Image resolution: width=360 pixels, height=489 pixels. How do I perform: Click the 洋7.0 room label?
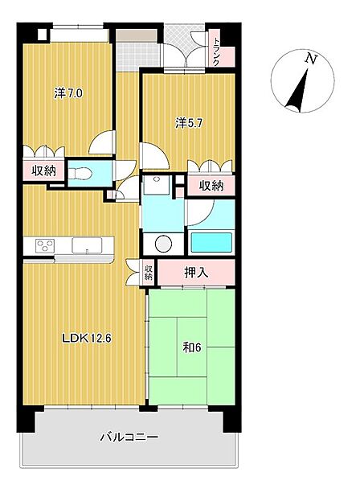click(68, 93)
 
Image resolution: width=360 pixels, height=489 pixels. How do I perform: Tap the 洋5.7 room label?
click(189, 123)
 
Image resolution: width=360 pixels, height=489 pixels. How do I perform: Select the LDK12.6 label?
click(86, 338)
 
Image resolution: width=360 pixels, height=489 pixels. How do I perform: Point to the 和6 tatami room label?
click(192, 347)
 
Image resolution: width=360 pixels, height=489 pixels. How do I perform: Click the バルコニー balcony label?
click(129, 437)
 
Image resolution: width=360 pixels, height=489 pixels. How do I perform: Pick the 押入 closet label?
click(196, 273)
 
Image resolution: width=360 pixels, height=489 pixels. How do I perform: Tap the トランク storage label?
click(215, 51)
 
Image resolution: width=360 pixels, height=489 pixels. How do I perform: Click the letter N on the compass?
click(311, 59)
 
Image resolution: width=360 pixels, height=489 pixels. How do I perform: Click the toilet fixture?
click(80, 174)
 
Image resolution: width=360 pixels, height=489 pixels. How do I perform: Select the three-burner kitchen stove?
click(44, 245)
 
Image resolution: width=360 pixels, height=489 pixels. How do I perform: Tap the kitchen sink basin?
click(87, 245)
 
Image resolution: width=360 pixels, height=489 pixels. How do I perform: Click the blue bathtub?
click(211, 242)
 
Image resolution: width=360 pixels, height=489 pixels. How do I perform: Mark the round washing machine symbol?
click(163, 243)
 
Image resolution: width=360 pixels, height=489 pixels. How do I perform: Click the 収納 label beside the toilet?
click(43, 171)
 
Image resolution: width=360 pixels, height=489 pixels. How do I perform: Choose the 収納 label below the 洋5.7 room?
click(211, 186)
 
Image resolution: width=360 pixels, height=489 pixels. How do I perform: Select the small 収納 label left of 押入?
click(149, 273)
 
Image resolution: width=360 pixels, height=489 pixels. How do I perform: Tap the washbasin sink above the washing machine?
click(156, 185)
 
